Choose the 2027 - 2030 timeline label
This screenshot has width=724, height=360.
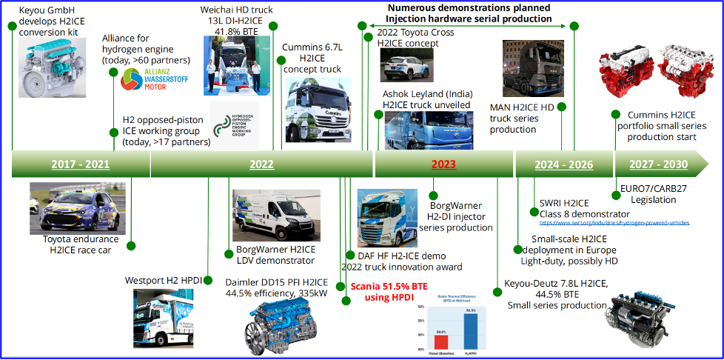pyautogui.click(x=657, y=164)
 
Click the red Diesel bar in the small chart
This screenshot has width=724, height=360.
pyautogui.click(x=441, y=341)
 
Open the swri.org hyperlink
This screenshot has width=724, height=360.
pyautogui.click(x=614, y=222)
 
